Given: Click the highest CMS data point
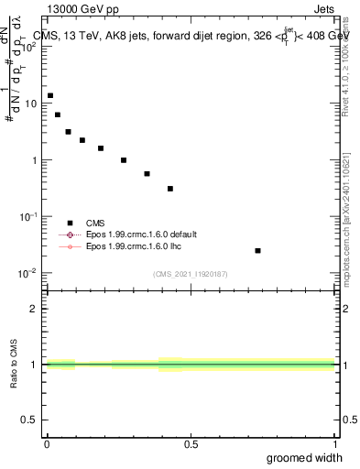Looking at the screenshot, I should [x=50, y=95].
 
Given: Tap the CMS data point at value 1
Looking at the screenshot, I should [x=124, y=160].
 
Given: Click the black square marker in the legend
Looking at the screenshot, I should [x=69, y=223].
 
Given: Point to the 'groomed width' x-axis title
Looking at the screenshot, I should [x=305, y=457].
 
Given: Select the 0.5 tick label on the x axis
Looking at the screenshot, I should [x=191, y=444].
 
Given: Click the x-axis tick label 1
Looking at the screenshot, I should [x=334, y=444].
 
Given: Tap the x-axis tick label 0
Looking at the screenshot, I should [x=47, y=444].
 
